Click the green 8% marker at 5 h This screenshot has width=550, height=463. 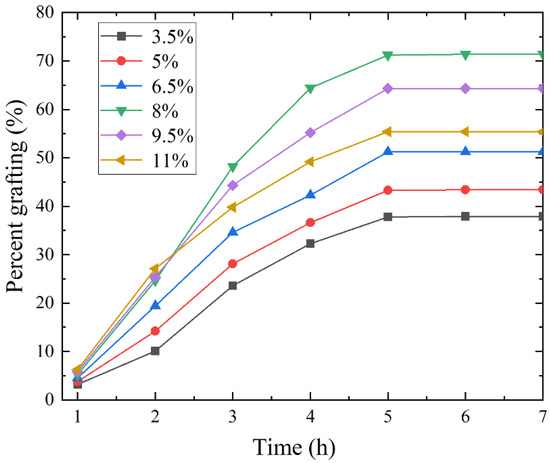tap(388, 55)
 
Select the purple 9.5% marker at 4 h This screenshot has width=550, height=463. tap(310, 132)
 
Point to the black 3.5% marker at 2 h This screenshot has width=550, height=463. tap(155, 350)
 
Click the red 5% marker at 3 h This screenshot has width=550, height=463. tap(233, 264)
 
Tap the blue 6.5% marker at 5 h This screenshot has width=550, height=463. tap(388, 152)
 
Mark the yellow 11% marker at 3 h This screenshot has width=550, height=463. tap(233, 207)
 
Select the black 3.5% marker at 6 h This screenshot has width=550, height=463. tap(466, 216)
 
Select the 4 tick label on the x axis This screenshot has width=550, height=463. tap(310, 414)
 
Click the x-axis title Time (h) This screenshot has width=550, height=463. tap(310, 444)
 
